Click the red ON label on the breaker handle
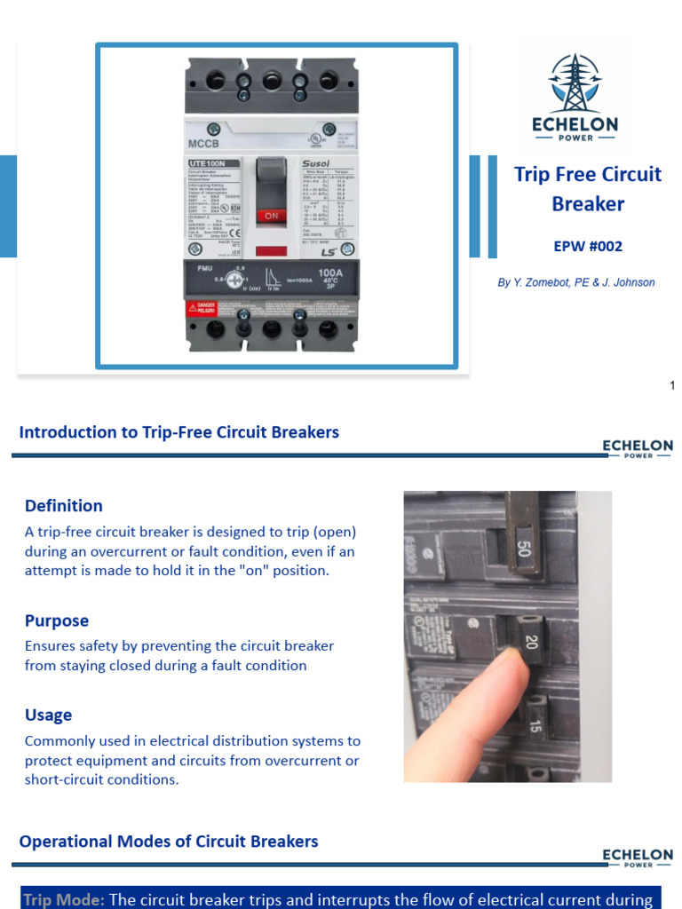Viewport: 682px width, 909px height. pos(272,215)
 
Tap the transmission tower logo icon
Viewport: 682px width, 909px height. pos(575,83)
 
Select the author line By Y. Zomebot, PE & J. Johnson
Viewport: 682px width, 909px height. pos(575,282)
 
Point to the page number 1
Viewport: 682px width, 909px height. pos(672,384)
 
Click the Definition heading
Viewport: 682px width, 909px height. pos(64,506)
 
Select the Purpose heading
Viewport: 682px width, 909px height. pos(57,621)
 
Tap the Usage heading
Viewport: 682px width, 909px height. pos(49,715)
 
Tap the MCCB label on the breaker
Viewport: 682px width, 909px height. pos(204,143)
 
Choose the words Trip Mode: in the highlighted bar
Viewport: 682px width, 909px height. pos(64,899)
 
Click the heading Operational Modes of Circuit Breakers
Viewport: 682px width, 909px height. pos(169,841)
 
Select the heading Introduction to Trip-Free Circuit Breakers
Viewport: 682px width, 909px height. pos(179,432)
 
